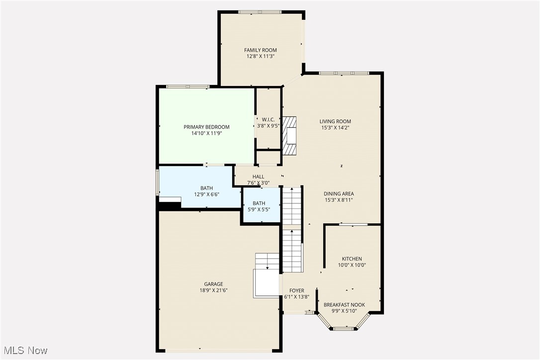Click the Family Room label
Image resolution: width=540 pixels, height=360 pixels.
(x=260, y=50)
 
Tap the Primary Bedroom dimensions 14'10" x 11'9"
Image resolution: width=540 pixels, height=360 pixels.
(x=206, y=134)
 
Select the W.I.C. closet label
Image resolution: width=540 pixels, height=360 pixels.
(x=268, y=119)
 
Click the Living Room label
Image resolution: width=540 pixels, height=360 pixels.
(x=335, y=121)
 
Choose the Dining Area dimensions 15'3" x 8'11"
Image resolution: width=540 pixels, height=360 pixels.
(x=338, y=200)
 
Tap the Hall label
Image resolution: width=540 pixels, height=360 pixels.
(x=258, y=177)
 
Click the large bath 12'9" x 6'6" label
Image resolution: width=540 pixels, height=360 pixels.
(x=206, y=188)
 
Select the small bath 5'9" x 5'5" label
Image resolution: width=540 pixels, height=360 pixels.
(x=259, y=203)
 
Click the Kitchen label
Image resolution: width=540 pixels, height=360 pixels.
(x=352, y=259)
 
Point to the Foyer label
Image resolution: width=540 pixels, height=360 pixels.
(x=296, y=291)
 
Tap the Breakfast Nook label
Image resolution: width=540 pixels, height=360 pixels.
(x=344, y=305)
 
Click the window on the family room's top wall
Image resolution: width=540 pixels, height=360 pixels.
(x=260, y=12)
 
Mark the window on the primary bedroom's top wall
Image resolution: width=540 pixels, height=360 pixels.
(x=187, y=87)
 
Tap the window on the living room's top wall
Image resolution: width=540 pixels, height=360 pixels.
(x=344, y=73)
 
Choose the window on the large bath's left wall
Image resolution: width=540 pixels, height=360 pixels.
(x=158, y=182)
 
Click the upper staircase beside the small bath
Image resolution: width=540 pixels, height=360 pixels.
(x=292, y=205)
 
